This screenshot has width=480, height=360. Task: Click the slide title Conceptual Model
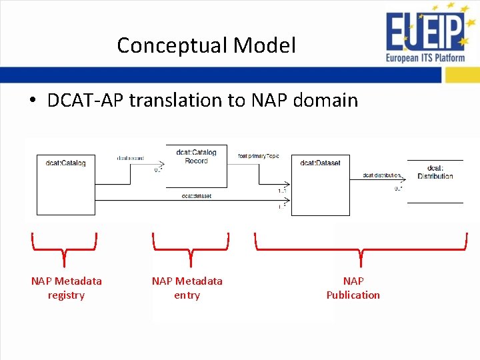coord(206,45)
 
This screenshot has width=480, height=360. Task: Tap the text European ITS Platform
coord(425,58)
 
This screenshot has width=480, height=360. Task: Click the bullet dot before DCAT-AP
coord(32,101)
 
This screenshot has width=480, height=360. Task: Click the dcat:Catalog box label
coord(65,163)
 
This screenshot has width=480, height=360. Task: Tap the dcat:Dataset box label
coord(320,163)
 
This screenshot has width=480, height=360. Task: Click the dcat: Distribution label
coord(435,172)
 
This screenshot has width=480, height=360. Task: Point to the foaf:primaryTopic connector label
coord(258,156)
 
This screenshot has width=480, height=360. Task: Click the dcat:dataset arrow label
coord(197,196)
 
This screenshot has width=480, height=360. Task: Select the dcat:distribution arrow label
coord(381,175)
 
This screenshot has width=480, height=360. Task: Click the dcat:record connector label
coord(130,159)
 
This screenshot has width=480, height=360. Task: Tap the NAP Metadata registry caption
coord(66,288)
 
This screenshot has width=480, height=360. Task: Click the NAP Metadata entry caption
coord(187,288)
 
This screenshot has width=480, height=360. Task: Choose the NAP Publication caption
coord(353,288)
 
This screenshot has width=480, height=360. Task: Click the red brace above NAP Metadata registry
coord(64,248)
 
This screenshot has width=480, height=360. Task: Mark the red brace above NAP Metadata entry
coord(191,248)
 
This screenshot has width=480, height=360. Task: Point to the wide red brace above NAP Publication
coord(361,249)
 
